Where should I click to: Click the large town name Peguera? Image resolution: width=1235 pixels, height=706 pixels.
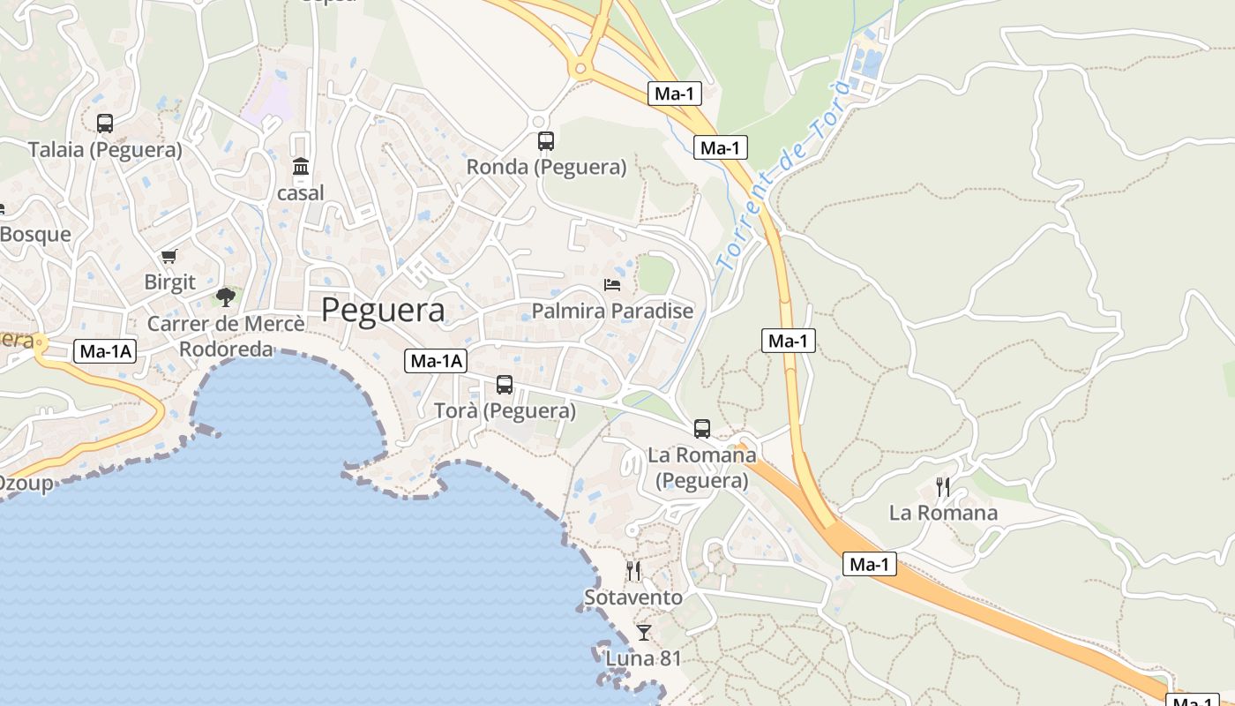[x=383, y=311]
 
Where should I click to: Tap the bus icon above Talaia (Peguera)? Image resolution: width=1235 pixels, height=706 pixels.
[x=105, y=124]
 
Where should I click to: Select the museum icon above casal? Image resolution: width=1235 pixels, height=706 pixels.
[x=301, y=166]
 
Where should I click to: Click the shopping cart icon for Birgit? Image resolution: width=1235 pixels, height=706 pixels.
[x=168, y=257]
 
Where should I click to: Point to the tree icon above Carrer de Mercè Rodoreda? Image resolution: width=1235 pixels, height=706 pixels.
[x=226, y=296]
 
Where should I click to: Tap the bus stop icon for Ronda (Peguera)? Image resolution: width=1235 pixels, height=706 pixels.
[x=546, y=140]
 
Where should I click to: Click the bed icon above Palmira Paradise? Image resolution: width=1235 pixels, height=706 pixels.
[x=612, y=284]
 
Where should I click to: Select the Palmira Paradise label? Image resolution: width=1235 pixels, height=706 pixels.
[x=612, y=312]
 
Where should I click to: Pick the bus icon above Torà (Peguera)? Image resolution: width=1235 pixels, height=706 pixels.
[x=505, y=385]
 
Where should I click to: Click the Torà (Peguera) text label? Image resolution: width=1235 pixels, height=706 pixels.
[x=505, y=411]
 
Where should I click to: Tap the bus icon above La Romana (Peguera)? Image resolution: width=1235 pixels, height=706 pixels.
[x=702, y=429]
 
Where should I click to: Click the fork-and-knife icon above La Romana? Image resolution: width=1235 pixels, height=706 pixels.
[x=943, y=486]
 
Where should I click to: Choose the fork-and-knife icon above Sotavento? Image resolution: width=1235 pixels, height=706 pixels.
[x=633, y=571]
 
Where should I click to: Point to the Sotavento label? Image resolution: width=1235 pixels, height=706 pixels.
[x=633, y=598]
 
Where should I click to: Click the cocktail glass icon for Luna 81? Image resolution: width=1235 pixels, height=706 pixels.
[x=644, y=632]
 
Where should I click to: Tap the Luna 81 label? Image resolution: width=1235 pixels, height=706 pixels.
[x=644, y=658]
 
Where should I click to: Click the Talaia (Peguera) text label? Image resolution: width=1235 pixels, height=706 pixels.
[x=105, y=150]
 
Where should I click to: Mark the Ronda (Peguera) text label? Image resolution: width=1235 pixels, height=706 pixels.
[x=546, y=167]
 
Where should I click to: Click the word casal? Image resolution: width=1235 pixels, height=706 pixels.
[x=301, y=192]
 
